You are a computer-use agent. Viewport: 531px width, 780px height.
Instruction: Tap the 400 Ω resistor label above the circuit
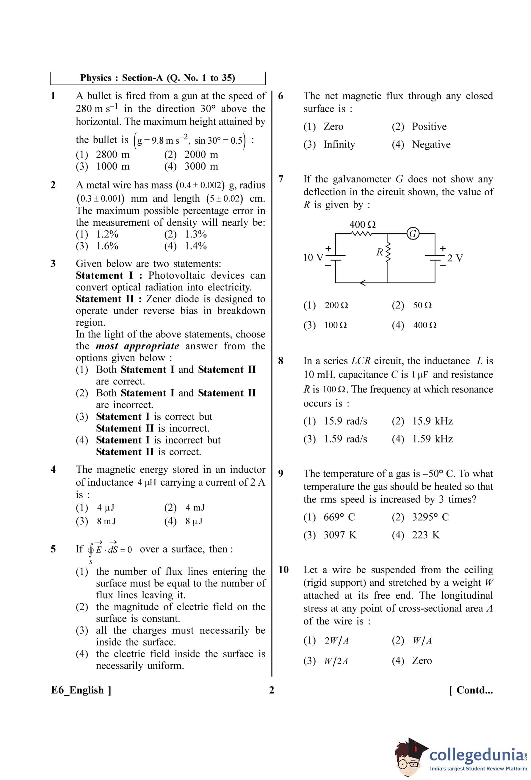click(363, 224)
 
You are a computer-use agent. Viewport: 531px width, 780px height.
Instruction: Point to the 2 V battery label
click(455, 258)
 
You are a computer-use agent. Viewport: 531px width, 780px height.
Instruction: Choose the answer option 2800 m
click(112, 154)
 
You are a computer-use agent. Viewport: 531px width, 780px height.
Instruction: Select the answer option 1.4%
click(195, 246)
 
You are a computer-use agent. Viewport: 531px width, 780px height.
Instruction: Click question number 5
click(53, 549)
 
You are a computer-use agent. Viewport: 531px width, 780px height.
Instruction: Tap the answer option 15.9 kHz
click(432, 421)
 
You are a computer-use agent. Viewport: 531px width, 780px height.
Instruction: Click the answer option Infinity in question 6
click(339, 144)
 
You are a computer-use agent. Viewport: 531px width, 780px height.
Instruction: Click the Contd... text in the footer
click(471, 690)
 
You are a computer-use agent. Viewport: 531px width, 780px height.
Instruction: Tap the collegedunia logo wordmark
click(476, 755)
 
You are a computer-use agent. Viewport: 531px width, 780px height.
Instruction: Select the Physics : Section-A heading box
click(158, 78)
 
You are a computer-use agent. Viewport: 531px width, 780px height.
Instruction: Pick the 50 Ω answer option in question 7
click(422, 305)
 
